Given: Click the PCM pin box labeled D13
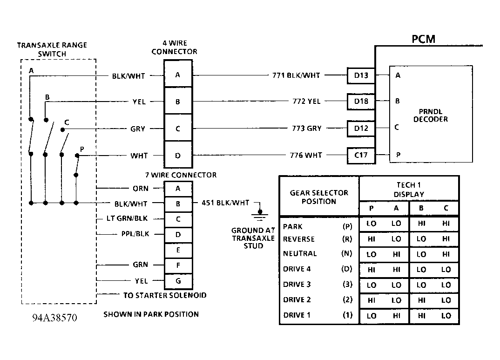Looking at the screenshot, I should [x=361, y=75].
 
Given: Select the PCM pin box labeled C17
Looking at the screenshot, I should [x=361, y=156].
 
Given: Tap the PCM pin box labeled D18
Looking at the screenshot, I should [x=361, y=102].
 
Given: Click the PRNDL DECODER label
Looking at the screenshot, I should [x=431, y=115].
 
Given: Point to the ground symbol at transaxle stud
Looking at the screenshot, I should [x=258, y=215].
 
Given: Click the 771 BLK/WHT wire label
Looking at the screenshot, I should [x=296, y=75].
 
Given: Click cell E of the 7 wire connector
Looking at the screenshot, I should [x=178, y=250].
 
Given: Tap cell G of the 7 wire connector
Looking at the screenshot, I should [x=178, y=281].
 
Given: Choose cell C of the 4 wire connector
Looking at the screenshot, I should [x=178, y=129].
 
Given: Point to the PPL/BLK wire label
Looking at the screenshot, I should [x=135, y=234].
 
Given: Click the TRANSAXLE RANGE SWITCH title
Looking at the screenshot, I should [x=52, y=49].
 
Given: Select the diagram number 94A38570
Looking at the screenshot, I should [x=54, y=318].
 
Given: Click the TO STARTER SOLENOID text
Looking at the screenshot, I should [x=165, y=295].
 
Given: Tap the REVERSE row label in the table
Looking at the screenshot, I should [x=299, y=239].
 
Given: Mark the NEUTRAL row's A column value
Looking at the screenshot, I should [x=396, y=254].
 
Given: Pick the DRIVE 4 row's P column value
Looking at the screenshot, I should [x=371, y=269].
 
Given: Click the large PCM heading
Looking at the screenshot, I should [x=424, y=39].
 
